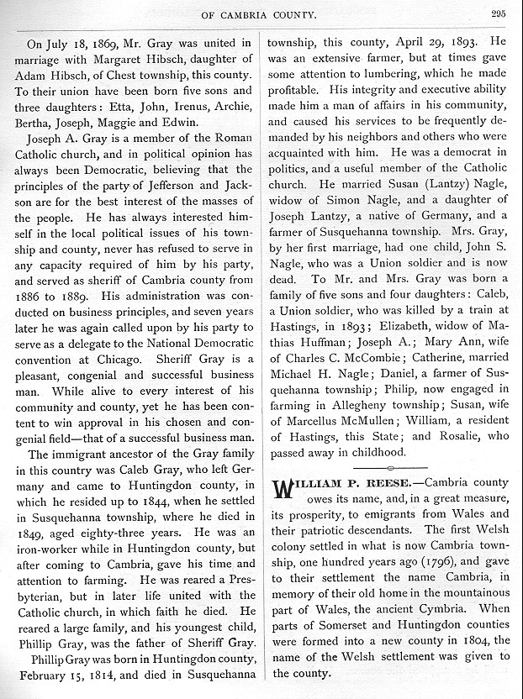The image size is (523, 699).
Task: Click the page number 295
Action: click(499, 13)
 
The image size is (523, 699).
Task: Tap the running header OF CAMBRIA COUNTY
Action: click(261, 13)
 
